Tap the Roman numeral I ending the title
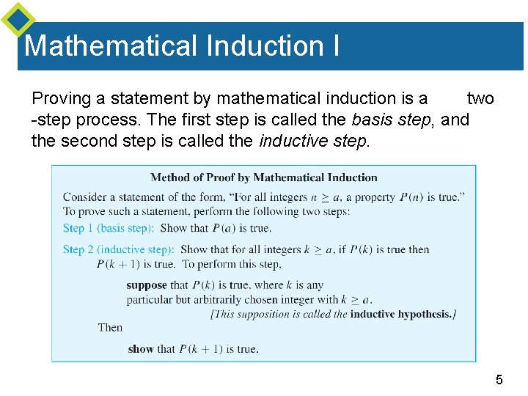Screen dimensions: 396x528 tap(335, 45)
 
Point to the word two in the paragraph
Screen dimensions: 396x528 tap(480, 99)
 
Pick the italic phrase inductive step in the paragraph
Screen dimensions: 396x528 tap(312, 140)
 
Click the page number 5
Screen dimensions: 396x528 tap(499, 379)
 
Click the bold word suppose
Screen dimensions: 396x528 tap(147, 285)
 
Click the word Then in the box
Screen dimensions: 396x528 tap(111, 327)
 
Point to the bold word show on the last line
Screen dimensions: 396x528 tap(141, 349)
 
